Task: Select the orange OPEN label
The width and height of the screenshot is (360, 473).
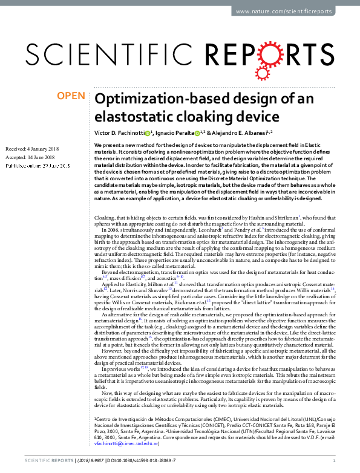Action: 71,96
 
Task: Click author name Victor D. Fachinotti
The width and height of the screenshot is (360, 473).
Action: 119,132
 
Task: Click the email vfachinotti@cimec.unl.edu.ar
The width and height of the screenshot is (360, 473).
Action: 126,443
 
